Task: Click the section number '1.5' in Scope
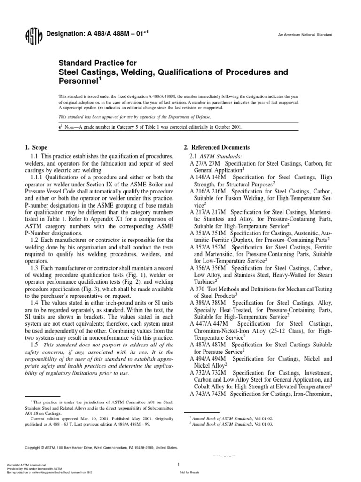(31, 345)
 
